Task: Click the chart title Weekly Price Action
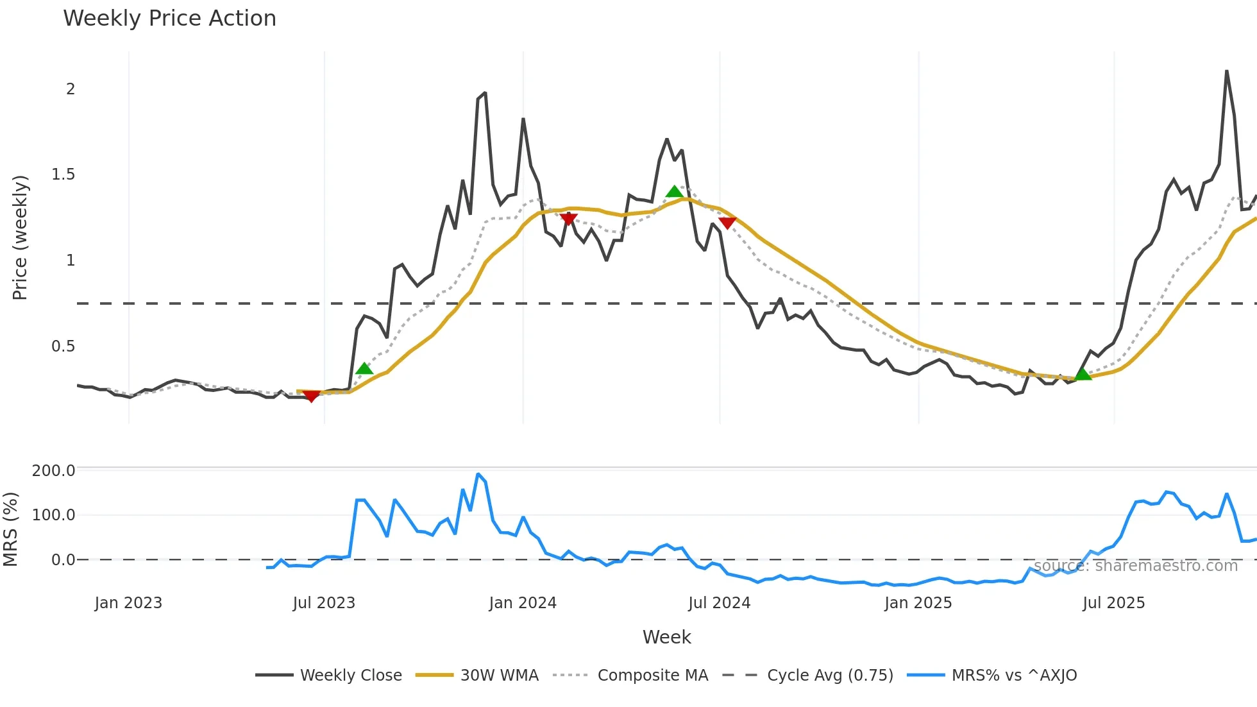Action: [x=169, y=19]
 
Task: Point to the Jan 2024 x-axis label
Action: [x=523, y=603]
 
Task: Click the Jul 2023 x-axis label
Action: [x=324, y=603]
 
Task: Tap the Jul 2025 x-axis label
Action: [x=1113, y=603]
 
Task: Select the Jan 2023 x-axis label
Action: [x=128, y=603]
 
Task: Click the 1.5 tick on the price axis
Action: [x=63, y=175]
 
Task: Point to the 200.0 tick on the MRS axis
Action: [x=54, y=471]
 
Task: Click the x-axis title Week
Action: [x=666, y=637]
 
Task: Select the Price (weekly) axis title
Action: [x=20, y=237]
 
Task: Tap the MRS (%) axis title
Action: [x=11, y=529]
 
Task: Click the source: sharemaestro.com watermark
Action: [x=1135, y=566]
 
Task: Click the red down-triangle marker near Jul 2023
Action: [x=311, y=396]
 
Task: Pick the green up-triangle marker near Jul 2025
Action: [x=1083, y=374]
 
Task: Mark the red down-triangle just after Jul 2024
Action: [x=727, y=223]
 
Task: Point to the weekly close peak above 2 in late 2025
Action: [x=1226, y=71]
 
